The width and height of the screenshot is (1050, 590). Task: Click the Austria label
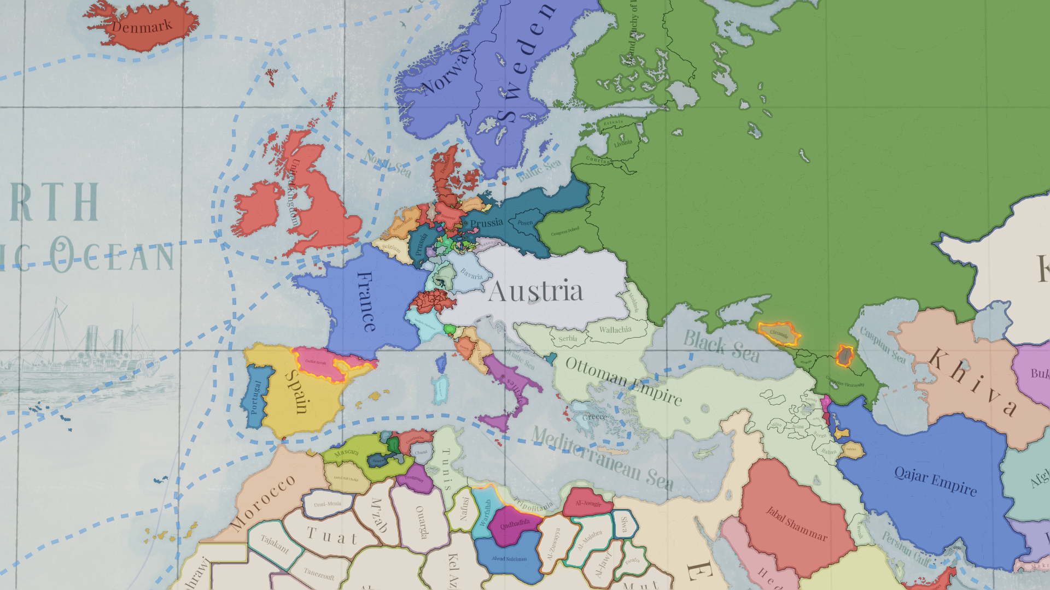(x=535, y=291)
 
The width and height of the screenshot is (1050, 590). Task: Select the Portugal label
(x=255, y=397)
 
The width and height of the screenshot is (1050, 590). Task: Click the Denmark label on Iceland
(x=142, y=26)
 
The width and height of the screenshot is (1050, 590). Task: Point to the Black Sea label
(x=721, y=346)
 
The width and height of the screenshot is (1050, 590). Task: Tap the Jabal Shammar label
(x=796, y=523)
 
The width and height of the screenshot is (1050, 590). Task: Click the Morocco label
(x=263, y=502)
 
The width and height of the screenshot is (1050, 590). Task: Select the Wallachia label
(x=615, y=329)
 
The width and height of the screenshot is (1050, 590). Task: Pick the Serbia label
(x=568, y=339)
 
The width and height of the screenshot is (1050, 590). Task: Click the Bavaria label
(x=471, y=273)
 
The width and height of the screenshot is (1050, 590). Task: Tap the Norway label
(x=446, y=71)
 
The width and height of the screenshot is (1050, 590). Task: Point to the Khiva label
(x=973, y=381)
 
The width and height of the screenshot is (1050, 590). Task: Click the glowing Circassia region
(x=779, y=333)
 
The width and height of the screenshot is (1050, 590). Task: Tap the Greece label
(x=594, y=417)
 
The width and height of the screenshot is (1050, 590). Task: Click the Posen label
(x=525, y=222)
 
